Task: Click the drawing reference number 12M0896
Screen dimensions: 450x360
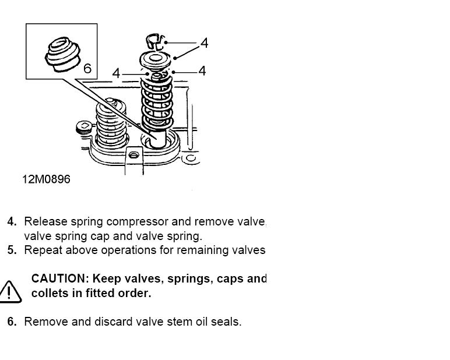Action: [46, 179]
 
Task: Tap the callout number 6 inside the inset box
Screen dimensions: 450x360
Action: [87, 69]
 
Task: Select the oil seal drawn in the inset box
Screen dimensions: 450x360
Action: [62, 54]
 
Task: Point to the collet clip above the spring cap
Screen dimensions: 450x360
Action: [155, 42]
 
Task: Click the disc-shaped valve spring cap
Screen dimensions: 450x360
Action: [155, 60]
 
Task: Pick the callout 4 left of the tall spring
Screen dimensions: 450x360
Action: [116, 73]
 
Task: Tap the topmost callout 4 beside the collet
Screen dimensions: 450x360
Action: [205, 43]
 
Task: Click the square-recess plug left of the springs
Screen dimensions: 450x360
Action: [84, 128]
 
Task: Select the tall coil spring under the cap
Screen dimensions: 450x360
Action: [157, 103]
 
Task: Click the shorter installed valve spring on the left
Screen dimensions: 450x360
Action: [111, 123]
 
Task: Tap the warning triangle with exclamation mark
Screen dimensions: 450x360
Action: [10, 291]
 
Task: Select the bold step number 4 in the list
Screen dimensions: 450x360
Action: [12, 221]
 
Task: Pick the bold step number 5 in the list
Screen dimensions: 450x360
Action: [12, 250]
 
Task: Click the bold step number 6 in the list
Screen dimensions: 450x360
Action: [12, 322]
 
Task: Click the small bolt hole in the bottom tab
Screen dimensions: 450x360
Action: [133, 155]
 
